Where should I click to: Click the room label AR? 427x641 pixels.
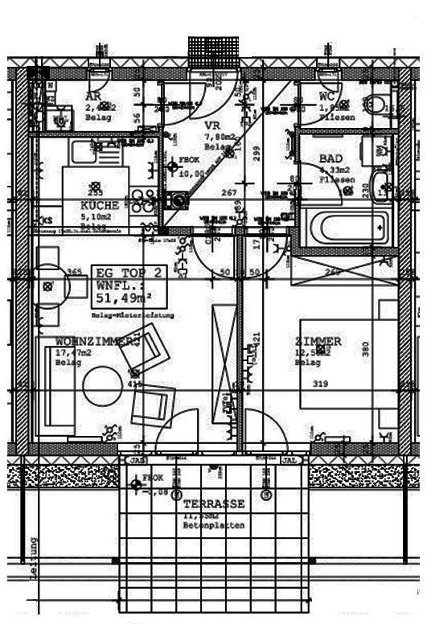tap(93, 97)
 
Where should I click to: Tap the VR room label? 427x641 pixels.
tap(212, 126)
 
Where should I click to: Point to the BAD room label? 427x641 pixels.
tap(331, 159)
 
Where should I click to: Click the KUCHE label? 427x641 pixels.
tap(99, 206)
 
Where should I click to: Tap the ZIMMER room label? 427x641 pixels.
tap(318, 341)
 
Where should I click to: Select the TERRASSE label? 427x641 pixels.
tap(214, 503)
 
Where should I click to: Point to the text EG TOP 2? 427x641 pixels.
tap(129, 273)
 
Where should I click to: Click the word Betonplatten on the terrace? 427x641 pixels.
tap(214, 525)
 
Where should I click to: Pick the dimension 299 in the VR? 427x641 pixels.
tap(257, 151)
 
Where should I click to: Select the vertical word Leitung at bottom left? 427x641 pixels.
tap(33, 555)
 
